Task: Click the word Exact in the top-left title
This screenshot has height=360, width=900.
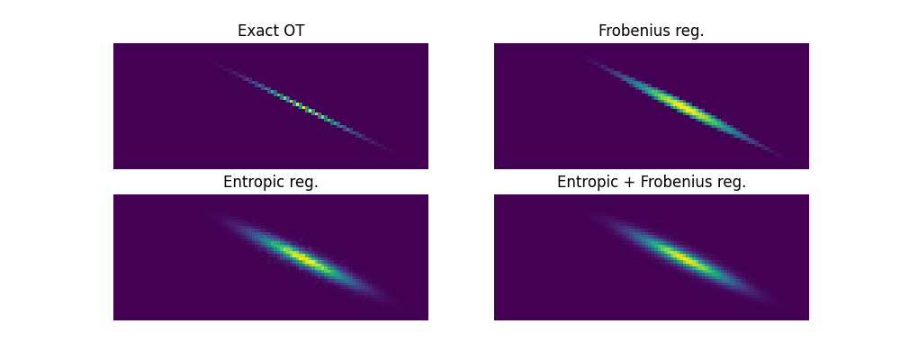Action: coord(254,31)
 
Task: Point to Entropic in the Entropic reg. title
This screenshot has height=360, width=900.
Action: coord(251,182)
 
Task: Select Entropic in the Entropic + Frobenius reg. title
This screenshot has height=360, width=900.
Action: coord(585,182)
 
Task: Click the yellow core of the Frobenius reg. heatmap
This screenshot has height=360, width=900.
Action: coord(683,106)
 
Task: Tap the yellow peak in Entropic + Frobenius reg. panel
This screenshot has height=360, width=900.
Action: coord(683,257)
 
